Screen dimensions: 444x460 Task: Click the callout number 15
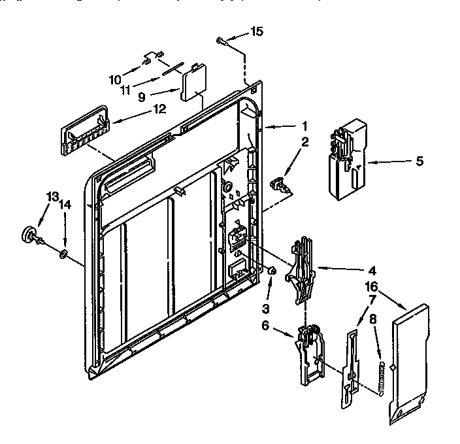pos(258,31)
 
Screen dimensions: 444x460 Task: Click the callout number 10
pos(115,80)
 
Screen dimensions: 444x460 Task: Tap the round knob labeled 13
pos(29,233)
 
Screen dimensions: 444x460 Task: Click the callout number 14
pos(65,205)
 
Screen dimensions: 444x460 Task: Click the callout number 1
pos(304,126)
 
